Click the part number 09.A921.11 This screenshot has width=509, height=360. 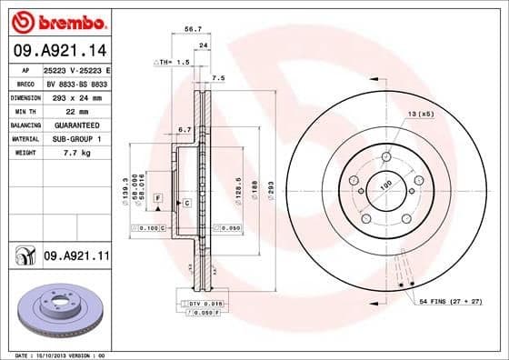(75, 258)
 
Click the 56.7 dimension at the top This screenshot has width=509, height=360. (193, 29)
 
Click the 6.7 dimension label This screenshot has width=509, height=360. (185, 129)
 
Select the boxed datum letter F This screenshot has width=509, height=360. (158, 196)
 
